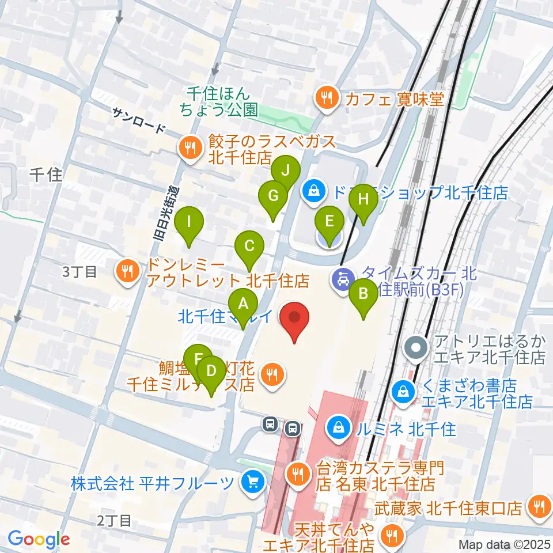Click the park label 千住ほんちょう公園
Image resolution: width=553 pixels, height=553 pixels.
(222, 101)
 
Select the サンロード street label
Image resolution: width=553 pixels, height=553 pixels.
(138, 122)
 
